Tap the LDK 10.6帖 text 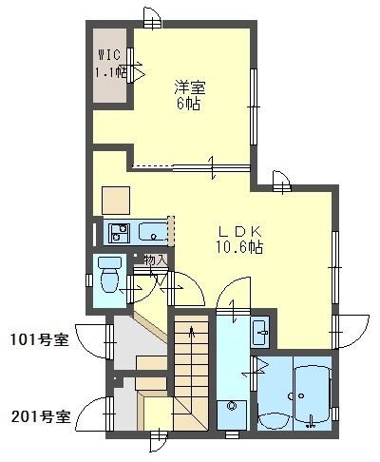click(x=239, y=238)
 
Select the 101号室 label click(x=39, y=339)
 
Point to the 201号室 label click(x=39, y=414)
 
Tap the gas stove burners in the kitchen click(x=119, y=231)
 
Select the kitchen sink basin click(x=152, y=231)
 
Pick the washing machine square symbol click(x=230, y=412)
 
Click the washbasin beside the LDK click(x=261, y=333)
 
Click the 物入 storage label click(x=155, y=260)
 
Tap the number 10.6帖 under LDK click(x=239, y=247)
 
